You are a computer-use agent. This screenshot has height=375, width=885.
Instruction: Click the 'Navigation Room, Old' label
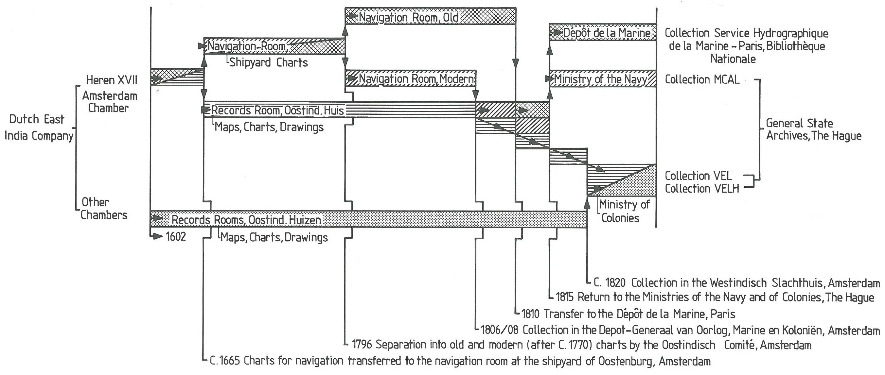(x=409, y=18)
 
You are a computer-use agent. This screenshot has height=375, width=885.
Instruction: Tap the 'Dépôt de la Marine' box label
(x=607, y=33)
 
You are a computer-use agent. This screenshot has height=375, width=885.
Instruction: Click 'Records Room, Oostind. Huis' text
(x=277, y=110)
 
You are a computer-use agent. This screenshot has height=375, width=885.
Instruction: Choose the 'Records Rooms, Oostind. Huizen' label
(x=246, y=220)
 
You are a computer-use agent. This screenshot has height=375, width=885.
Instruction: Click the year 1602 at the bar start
(x=176, y=237)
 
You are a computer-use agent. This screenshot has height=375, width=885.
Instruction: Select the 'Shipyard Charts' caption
(x=268, y=62)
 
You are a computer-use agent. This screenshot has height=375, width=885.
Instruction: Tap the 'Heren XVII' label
(x=111, y=80)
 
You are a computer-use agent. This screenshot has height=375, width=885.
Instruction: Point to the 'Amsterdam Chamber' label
(x=110, y=102)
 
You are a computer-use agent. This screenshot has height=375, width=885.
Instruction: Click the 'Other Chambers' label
(x=103, y=209)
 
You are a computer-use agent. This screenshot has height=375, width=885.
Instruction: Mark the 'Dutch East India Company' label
(x=39, y=128)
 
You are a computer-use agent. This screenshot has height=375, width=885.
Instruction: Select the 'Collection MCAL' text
(x=702, y=80)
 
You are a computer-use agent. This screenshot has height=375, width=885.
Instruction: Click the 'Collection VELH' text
(x=701, y=189)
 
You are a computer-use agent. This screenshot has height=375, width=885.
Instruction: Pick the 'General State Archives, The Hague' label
(x=814, y=129)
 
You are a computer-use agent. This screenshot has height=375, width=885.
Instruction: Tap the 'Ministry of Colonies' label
(x=624, y=211)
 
